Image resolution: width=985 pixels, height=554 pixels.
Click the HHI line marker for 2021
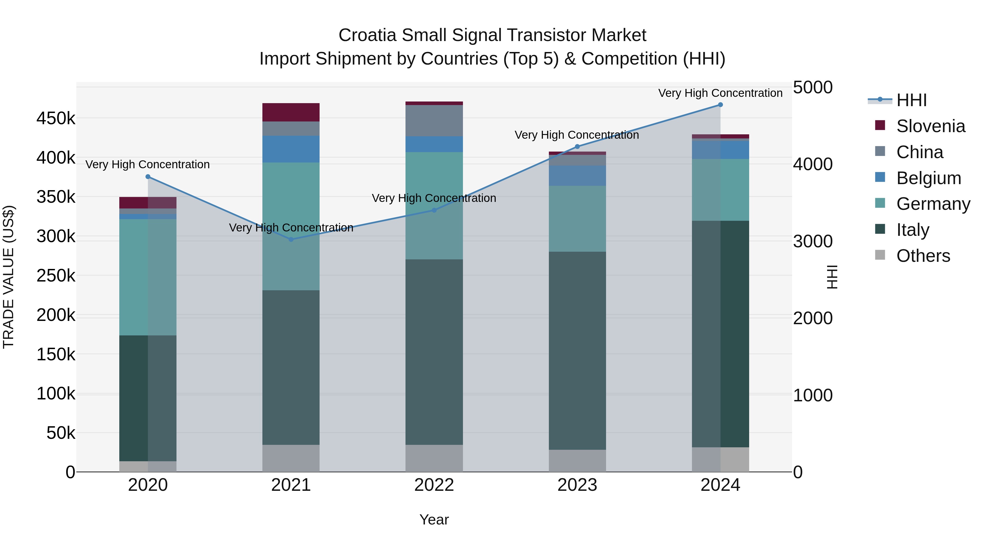click(x=291, y=239)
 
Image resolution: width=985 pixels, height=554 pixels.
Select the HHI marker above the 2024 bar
click(x=720, y=105)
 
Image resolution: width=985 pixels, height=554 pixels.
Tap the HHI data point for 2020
click(x=148, y=177)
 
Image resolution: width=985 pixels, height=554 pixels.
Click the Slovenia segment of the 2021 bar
click(x=291, y=112)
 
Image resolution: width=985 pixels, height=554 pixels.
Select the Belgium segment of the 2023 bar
click(x=577, y=176)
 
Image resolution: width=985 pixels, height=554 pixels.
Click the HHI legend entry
click(x=912, y=100)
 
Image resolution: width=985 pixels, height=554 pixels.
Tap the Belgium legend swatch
click(x=880, y=177)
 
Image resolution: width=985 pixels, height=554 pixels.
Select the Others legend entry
click(x=923, y=256)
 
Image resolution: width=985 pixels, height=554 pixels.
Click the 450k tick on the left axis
click(x=56, y=118)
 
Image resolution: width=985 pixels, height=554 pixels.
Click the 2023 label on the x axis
click(x=577, y=485)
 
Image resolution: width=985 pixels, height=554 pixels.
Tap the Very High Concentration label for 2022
click(x=434, y=198)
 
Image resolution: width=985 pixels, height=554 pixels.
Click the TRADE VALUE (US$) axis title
click(x=9, y=277)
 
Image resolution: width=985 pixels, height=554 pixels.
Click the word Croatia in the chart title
click(x=367, y=35)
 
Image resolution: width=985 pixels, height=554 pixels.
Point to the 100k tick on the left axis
click(x=56, y=394)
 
